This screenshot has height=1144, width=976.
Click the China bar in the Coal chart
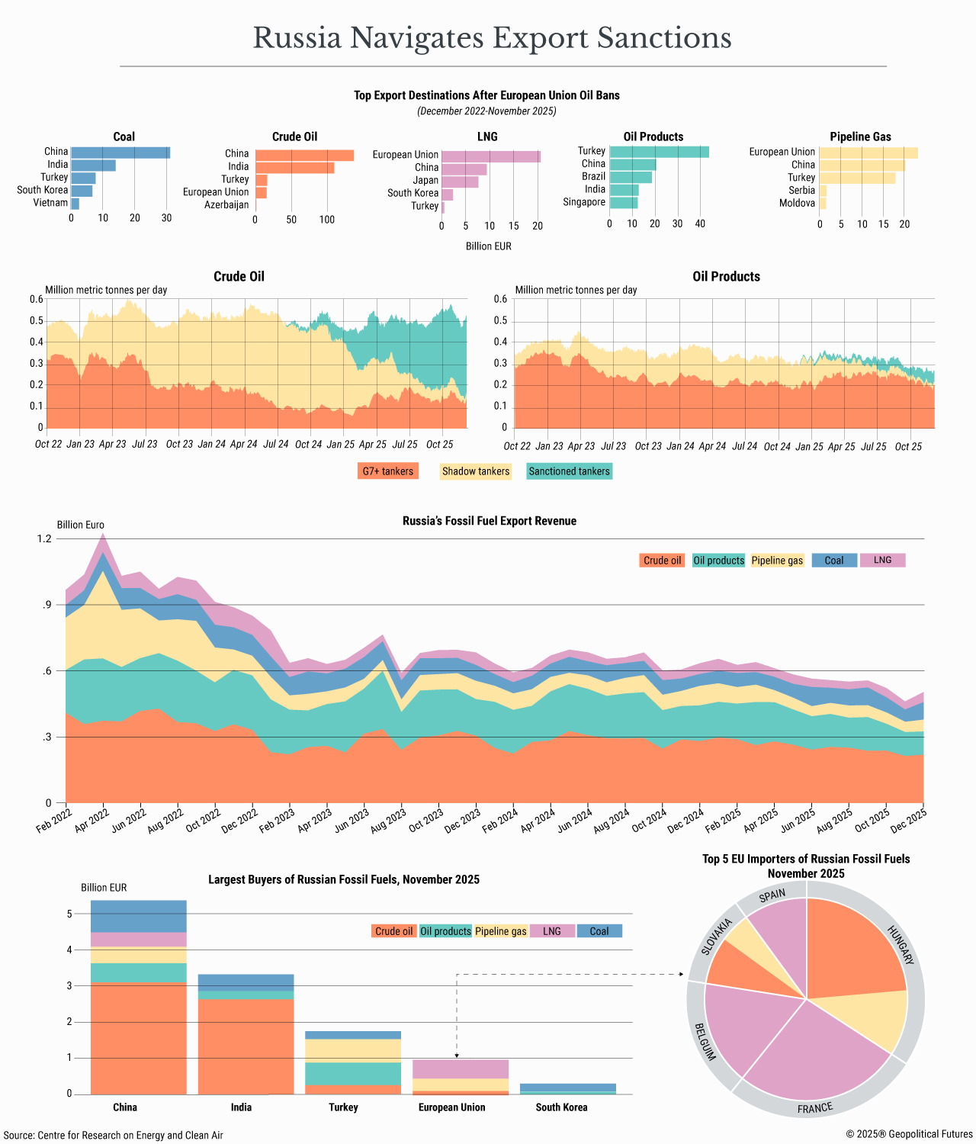[x=120, y=153]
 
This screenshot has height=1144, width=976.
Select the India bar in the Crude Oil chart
[x=294, y=167]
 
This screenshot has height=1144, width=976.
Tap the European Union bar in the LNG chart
[x=490, y=156]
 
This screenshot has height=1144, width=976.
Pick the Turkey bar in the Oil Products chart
[x=659, y=152]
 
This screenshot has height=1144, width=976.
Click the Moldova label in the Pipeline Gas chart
[x=797, y=204]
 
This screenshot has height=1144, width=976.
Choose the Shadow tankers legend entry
[x=476, y=471]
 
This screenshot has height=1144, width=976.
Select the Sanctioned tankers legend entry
[x=569, y=471]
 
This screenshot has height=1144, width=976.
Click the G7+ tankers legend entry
[x=387, y=471]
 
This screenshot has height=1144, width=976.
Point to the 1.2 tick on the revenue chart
[x=44, y=539]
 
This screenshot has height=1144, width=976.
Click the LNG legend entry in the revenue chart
[x=882, y=561]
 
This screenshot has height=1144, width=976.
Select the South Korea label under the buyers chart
[x=561, y=1107]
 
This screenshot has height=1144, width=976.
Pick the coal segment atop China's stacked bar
[x=138, y=916]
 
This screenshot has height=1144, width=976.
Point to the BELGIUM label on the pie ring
[x=705, y=1042]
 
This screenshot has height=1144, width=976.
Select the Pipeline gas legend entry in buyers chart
[x=500, y=931]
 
